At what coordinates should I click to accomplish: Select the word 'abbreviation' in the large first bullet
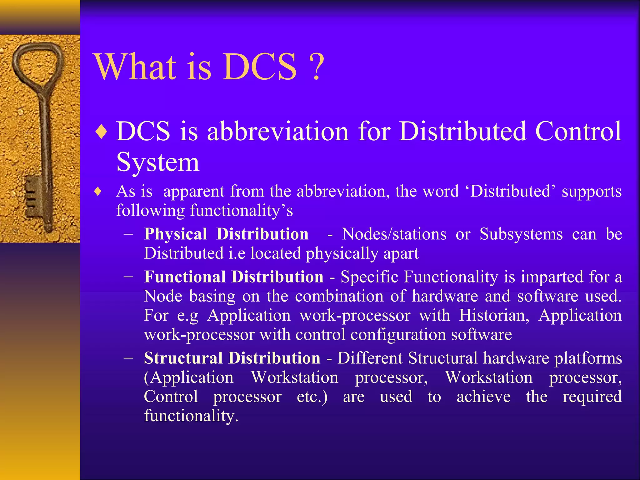278,131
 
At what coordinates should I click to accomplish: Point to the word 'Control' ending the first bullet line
578,131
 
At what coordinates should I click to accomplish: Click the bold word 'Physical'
176,234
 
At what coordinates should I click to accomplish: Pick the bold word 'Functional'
185,277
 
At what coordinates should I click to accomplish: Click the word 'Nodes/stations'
394,234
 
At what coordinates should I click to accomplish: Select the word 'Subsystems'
521,234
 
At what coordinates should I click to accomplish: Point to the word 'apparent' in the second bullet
194,192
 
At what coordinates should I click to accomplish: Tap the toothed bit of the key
33,195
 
